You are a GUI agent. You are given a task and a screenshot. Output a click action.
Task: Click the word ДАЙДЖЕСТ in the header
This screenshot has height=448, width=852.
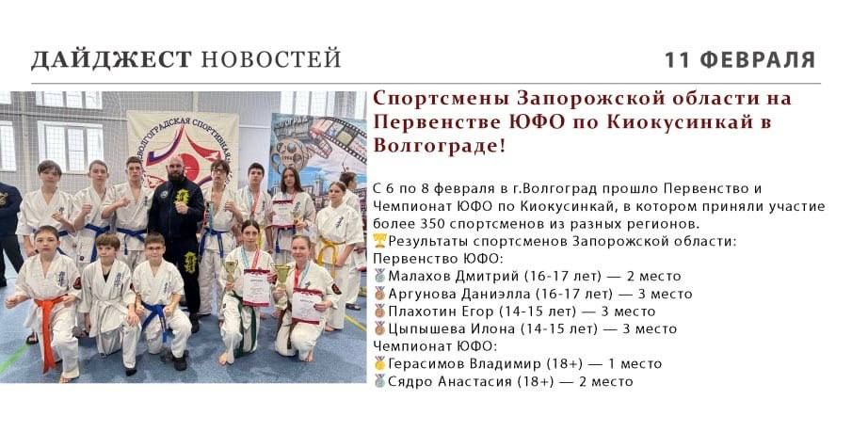pos(111,59)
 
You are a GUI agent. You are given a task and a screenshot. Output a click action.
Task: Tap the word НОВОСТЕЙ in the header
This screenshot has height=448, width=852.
pos(271,59)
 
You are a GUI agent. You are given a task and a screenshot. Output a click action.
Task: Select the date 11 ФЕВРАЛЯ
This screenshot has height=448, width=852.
pos(740,59)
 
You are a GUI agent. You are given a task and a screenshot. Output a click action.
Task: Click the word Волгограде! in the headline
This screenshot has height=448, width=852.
pos(440,146)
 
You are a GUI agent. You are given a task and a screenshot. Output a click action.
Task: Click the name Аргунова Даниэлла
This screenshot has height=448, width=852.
pos(459,294)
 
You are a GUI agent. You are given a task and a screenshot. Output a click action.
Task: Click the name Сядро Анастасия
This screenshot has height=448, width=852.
pos(450,381)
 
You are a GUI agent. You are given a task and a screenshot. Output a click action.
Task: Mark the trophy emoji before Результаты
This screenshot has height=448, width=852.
pos(379,241)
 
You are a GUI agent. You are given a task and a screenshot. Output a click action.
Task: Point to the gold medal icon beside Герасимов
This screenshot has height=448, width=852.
pos(379,363)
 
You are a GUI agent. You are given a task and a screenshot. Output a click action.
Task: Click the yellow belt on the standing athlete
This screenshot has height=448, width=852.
pos(329,252)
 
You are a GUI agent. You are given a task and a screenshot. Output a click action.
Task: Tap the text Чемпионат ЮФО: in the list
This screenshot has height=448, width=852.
pos(435,346)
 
